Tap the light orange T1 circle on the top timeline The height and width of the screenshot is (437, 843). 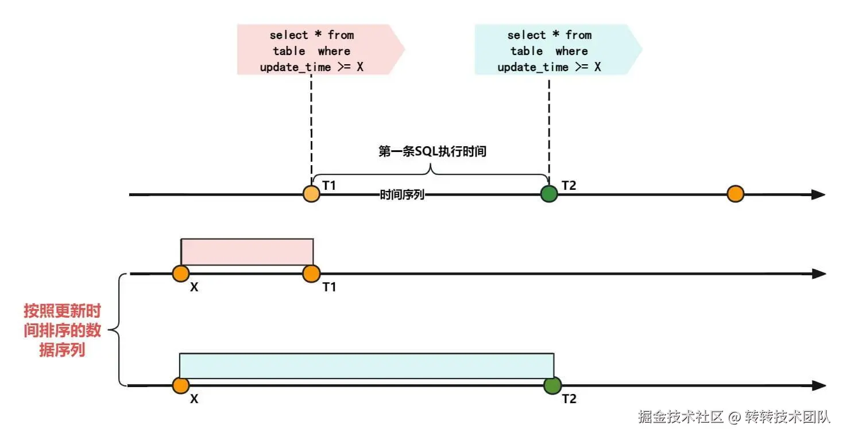click(x=311, y=194)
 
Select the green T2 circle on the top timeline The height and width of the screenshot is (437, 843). click(x=550, y=194)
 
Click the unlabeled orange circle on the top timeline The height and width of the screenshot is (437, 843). click(x=735, y=194)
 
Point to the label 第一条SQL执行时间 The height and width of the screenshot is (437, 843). click(x=433, y=151)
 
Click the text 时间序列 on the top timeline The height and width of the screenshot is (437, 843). click(x=402, y=195)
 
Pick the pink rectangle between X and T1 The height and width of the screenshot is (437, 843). click(x=247, y=252)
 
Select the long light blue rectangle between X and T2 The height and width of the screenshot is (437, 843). click(x=366, y=366)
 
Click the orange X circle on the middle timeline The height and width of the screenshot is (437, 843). click(x=180, y=274)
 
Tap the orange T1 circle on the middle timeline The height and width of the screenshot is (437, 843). click(x=311, y=274)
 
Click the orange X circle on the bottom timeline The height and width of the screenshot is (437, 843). click(x=180, y=385)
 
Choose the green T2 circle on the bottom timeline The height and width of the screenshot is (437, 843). click(x=552, y=385)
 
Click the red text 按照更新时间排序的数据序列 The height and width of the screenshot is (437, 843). click(x=62, y=331)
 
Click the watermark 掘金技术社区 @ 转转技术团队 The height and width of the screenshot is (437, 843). click(x=734, y=417)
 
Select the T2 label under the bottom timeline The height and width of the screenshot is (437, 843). click(x=569, y=399)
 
